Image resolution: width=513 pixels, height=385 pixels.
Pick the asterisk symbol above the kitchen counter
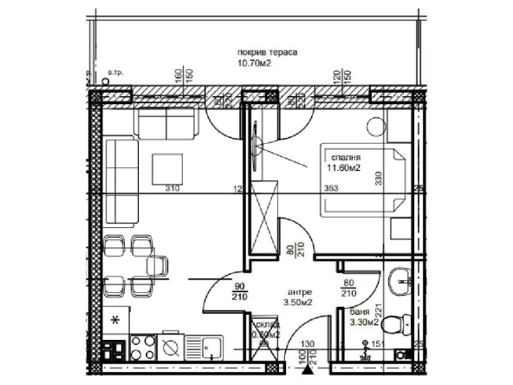(114, 321)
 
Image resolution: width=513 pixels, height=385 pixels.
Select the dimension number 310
(172, 188)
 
